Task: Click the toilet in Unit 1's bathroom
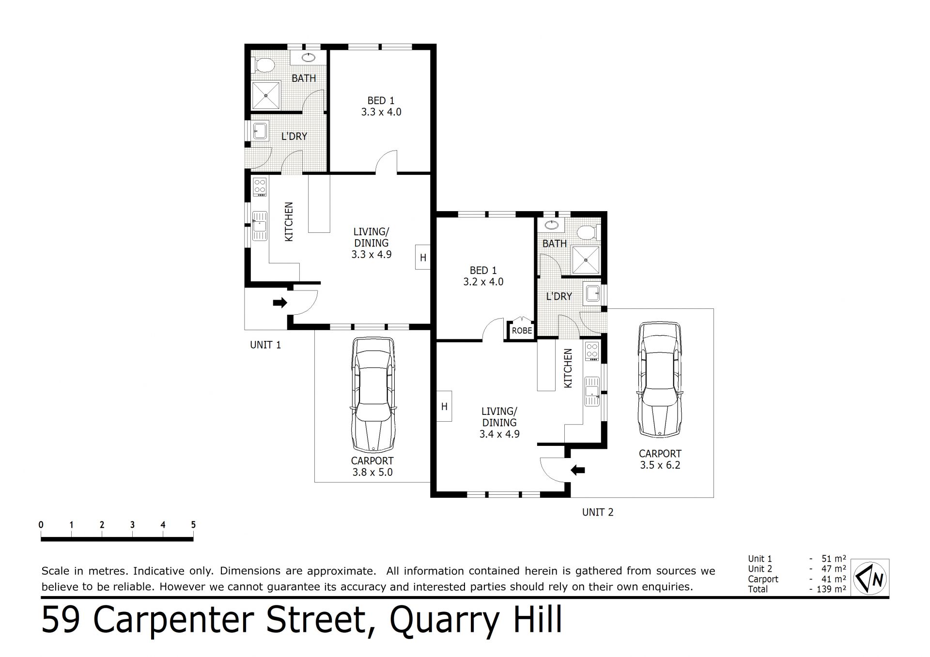263,65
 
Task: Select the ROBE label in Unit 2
522,331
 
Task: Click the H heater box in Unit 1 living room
423,258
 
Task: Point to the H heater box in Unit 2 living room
444,406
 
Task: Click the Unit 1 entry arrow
280,303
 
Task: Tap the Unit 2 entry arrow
578,470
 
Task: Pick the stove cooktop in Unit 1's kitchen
260,187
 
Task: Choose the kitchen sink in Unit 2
592,391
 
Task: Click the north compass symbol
870,577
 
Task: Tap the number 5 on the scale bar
193,525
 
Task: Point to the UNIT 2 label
598,512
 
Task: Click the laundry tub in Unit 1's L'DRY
260,131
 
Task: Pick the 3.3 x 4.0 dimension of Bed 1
381,112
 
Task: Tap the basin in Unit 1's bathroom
308,58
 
